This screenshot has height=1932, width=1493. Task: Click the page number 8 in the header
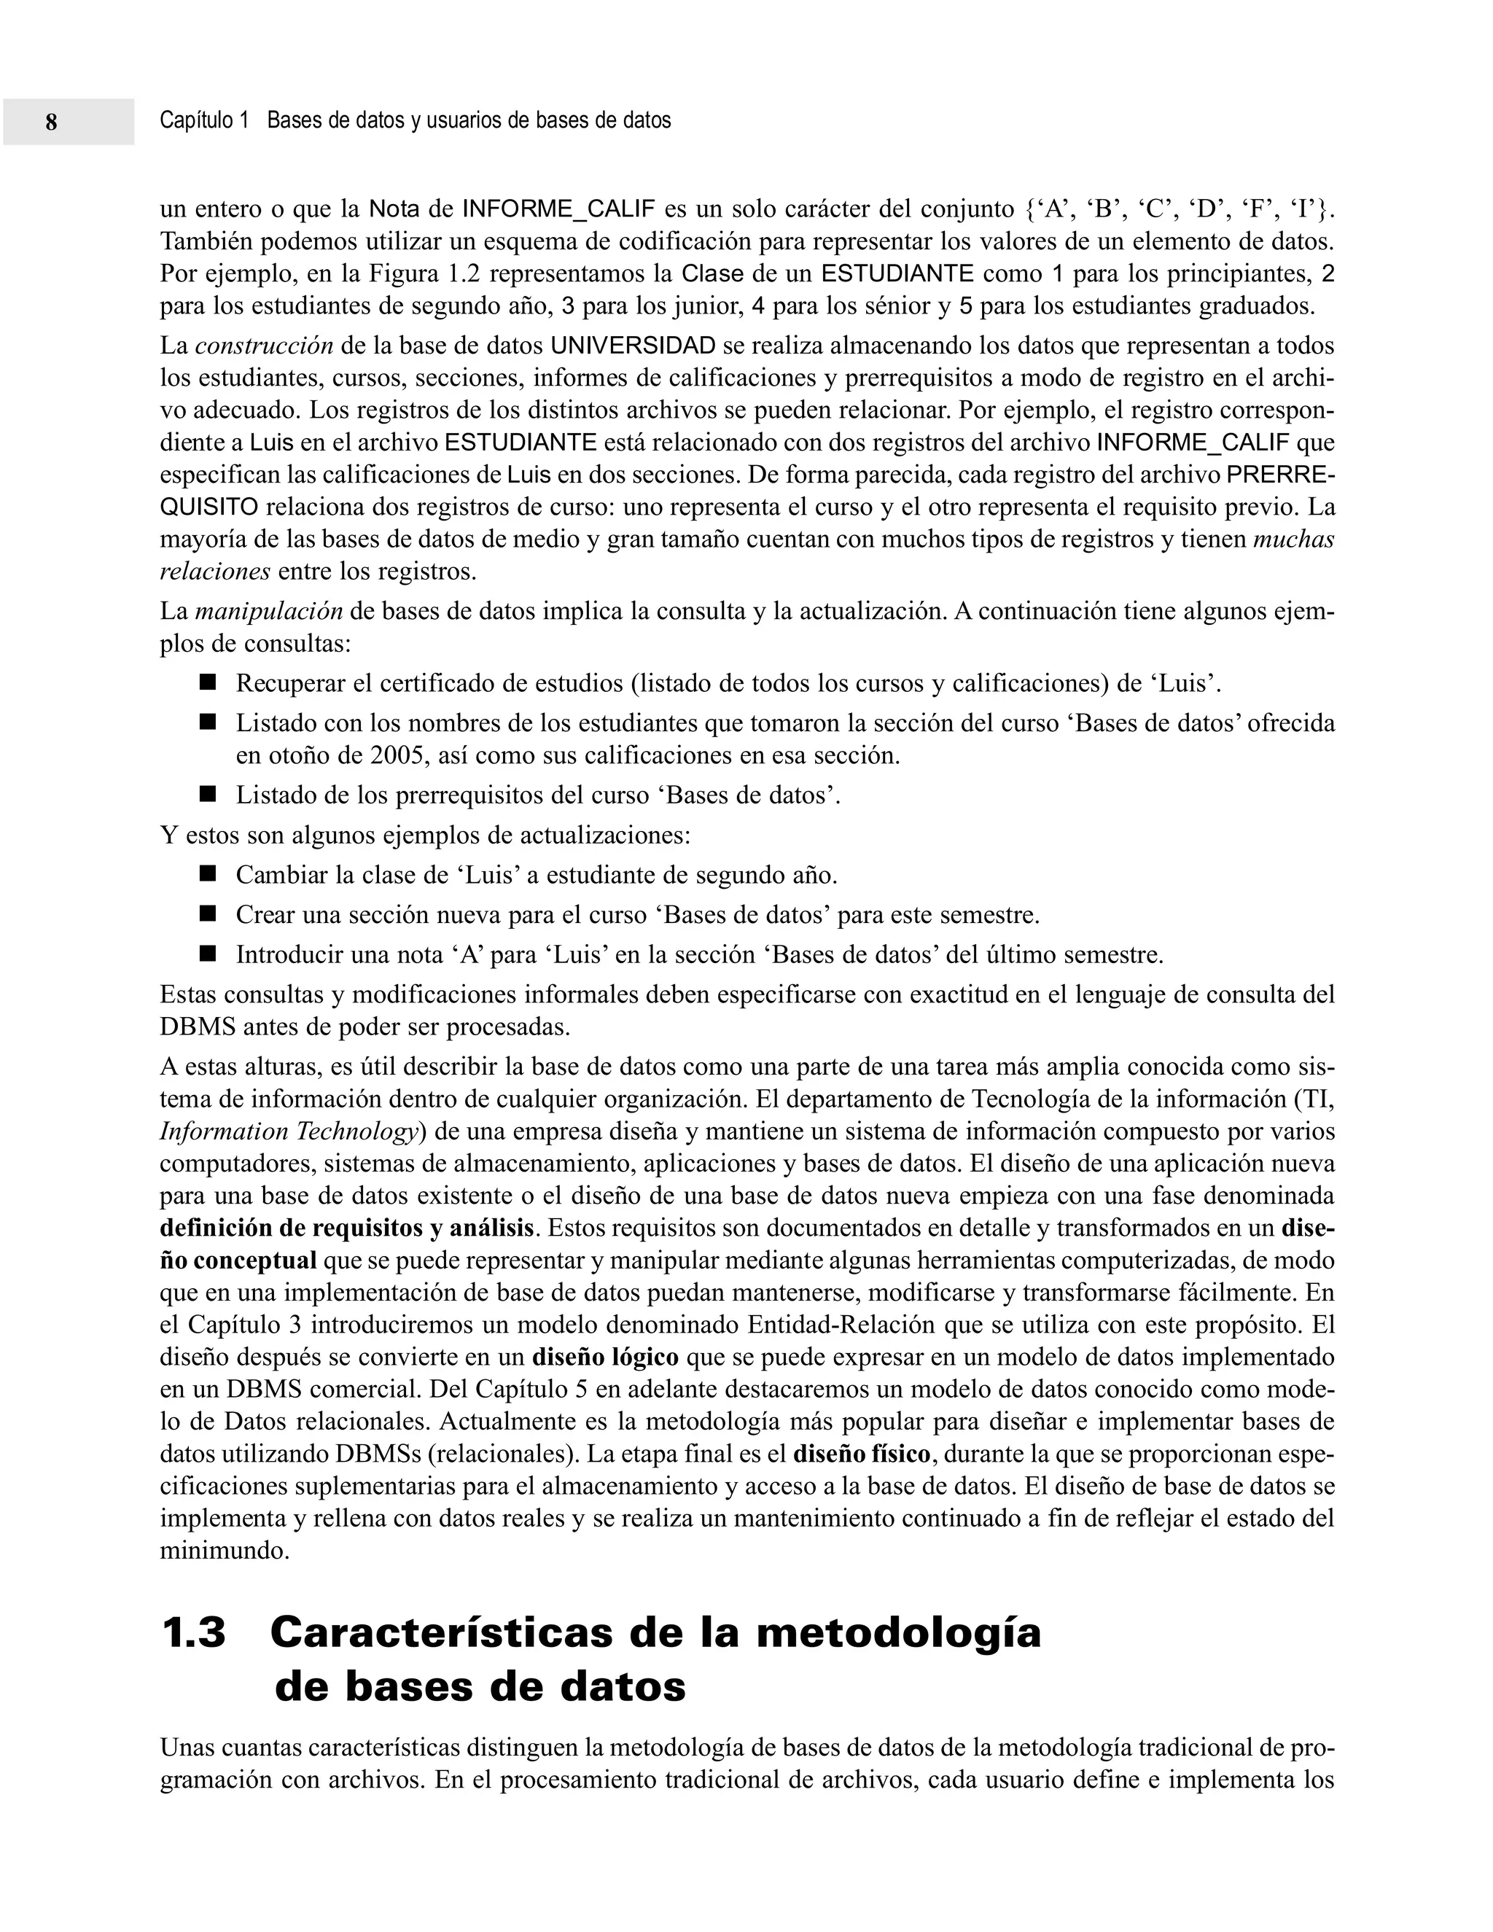click(x=51, y=122)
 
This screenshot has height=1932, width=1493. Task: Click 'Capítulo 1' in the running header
click(x=204, y=120)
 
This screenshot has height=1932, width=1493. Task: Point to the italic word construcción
click(x=264, y=345)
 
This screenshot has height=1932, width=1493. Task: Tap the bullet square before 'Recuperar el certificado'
click(x=208, y=682)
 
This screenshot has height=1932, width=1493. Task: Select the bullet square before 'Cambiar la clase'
click(x=208, y=874)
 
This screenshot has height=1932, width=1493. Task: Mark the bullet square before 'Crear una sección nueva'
click(x=208, y=913)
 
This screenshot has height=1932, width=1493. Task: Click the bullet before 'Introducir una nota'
click(x=208, y=954)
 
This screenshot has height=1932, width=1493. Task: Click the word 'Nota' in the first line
click(x=394, y=210)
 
